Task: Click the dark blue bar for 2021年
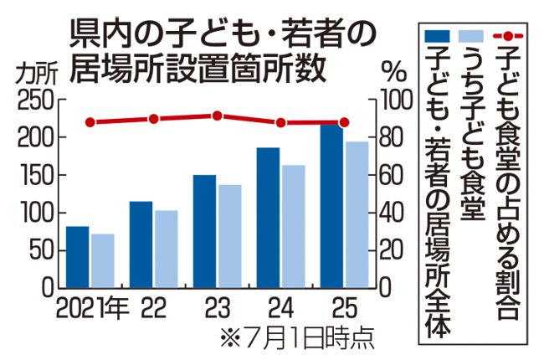pos(78,256)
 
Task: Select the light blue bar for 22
pos(166,249)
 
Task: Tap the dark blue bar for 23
pos(204,231)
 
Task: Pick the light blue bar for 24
pos(294,226)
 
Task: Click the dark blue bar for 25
pos(331,206)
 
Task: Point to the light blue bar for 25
pos(357,214)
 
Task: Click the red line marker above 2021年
pos(90,122)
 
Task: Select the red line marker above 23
pos(217,116)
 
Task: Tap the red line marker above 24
pos(280,123)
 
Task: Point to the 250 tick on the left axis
pos(35,100)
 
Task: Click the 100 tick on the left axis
pos(35,213)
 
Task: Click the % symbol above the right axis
pos(393,70)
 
